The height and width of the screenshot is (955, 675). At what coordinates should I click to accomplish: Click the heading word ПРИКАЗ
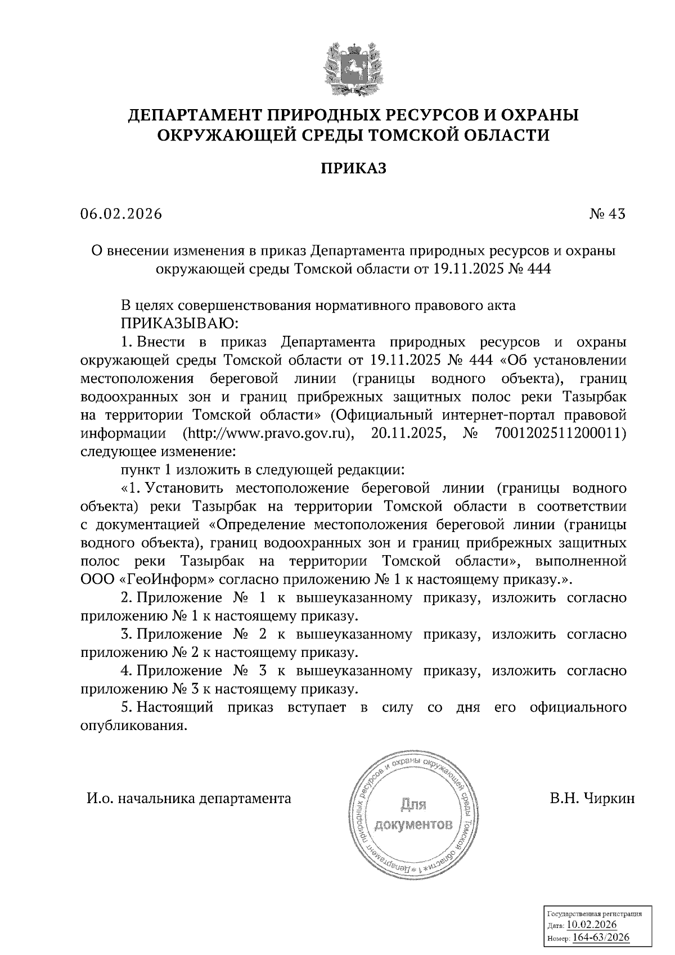354,168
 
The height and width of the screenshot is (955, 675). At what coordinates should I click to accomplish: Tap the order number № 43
607,214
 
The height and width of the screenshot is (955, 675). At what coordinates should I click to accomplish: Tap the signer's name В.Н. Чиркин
592,798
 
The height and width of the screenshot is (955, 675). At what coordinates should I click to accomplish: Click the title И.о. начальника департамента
188,798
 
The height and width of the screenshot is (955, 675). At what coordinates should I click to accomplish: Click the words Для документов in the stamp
413,815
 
